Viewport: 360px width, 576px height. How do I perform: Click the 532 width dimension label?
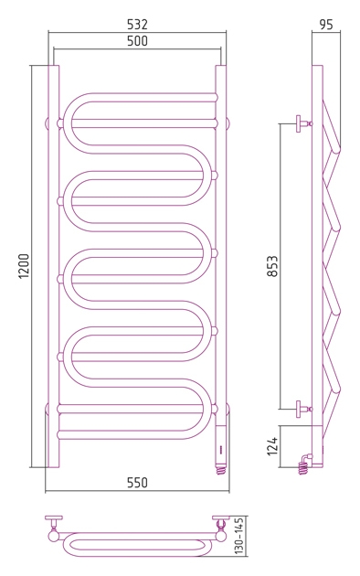137,25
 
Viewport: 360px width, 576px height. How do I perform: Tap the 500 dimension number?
137,41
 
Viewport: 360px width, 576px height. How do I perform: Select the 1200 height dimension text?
24,266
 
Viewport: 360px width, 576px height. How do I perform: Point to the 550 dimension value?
137,483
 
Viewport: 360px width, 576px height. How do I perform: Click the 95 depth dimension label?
326,25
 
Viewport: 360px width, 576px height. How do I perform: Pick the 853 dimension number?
272,266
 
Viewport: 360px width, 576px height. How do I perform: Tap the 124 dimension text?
272,446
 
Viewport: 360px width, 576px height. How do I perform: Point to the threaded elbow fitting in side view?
304,464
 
